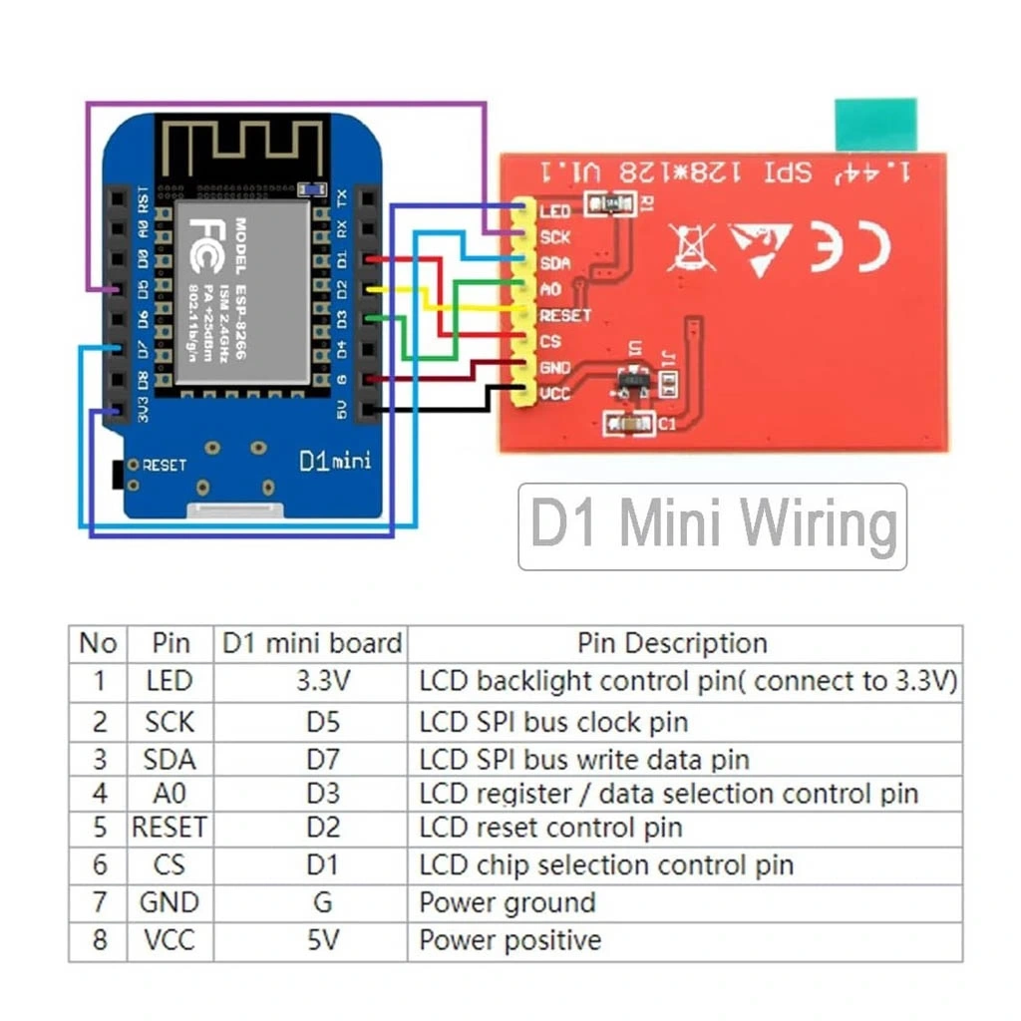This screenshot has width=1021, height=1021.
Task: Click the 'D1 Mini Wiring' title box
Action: click(x=712, y=526)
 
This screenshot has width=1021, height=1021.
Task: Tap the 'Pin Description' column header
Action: click(x=672, y=643)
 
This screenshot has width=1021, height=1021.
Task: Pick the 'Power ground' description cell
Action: click(x=507, y=903)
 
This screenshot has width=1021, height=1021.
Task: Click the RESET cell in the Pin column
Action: click(x=170, y=828)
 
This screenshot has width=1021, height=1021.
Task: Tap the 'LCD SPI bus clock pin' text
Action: click(x=553, y=721)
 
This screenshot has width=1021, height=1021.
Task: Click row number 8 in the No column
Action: click(x=99, y=940)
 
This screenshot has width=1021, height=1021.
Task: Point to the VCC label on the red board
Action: click(x=554, y=395)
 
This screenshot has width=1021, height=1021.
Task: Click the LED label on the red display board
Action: click(x=554, y=211)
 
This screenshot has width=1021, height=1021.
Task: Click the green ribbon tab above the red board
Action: click(x=875, y=125)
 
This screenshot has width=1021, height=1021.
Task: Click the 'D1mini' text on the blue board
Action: click(x=335, y=462)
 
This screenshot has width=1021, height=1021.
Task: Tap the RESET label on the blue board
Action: click(x=165, y=466)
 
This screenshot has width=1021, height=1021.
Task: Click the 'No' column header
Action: click(x=98, y=643)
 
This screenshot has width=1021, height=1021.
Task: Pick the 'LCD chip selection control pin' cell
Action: click(x=606, y=864)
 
